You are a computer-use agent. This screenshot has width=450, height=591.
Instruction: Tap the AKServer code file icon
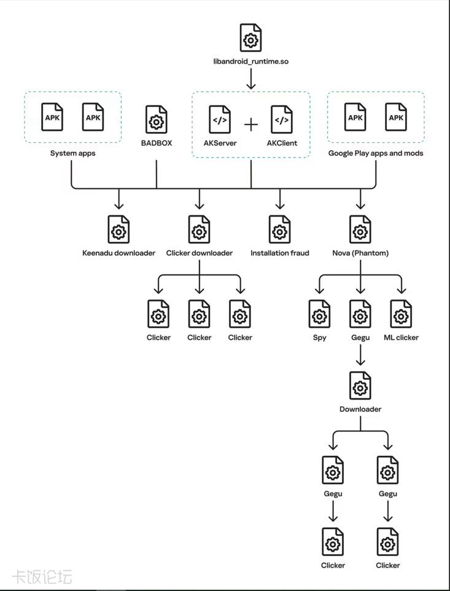220,119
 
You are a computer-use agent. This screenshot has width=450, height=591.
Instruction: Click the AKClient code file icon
281,119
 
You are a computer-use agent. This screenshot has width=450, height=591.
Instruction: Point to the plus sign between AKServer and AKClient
251,124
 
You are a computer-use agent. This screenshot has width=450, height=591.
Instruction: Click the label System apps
72,153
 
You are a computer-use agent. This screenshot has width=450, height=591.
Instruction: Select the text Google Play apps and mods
376,153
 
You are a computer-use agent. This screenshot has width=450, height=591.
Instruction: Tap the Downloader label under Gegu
360,409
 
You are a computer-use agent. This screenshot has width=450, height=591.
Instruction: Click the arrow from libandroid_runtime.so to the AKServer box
250,79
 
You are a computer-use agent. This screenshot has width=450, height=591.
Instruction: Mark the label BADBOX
156,143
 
